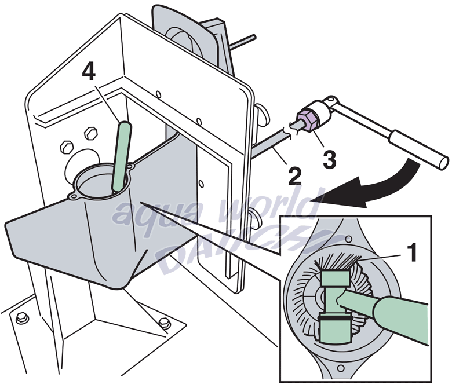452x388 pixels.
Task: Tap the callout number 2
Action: coord(294,175)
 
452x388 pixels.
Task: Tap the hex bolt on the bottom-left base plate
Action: coord(23,317)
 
